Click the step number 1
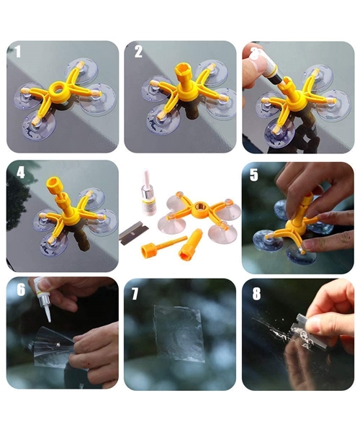point(18,52)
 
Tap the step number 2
point(138,52)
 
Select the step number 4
point(21,173)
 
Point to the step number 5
point(253,175)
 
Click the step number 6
point(21,290)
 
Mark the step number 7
point(135,294)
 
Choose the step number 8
point(256,294)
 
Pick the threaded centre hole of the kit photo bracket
point(200,207)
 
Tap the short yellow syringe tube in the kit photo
point(190,243)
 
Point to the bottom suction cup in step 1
point(39,125)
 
